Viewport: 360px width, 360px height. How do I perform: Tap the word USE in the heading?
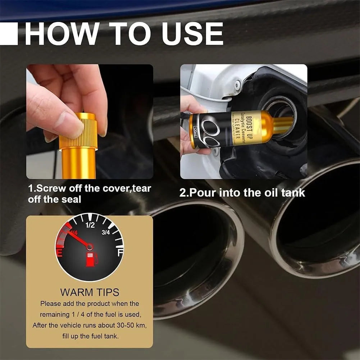[x=192, y=34]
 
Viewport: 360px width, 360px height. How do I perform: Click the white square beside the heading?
[x=9, y=34]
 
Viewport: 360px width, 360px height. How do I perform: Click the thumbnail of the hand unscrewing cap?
[x=90, y=121]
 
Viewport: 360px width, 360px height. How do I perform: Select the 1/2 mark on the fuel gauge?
[x=90, y=225]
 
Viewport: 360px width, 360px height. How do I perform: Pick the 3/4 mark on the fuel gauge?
[x=106, y=232]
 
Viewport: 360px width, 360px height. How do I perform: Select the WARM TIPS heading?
[x=90, y=292]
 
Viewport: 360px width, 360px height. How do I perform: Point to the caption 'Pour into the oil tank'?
[x=242, y=193]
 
